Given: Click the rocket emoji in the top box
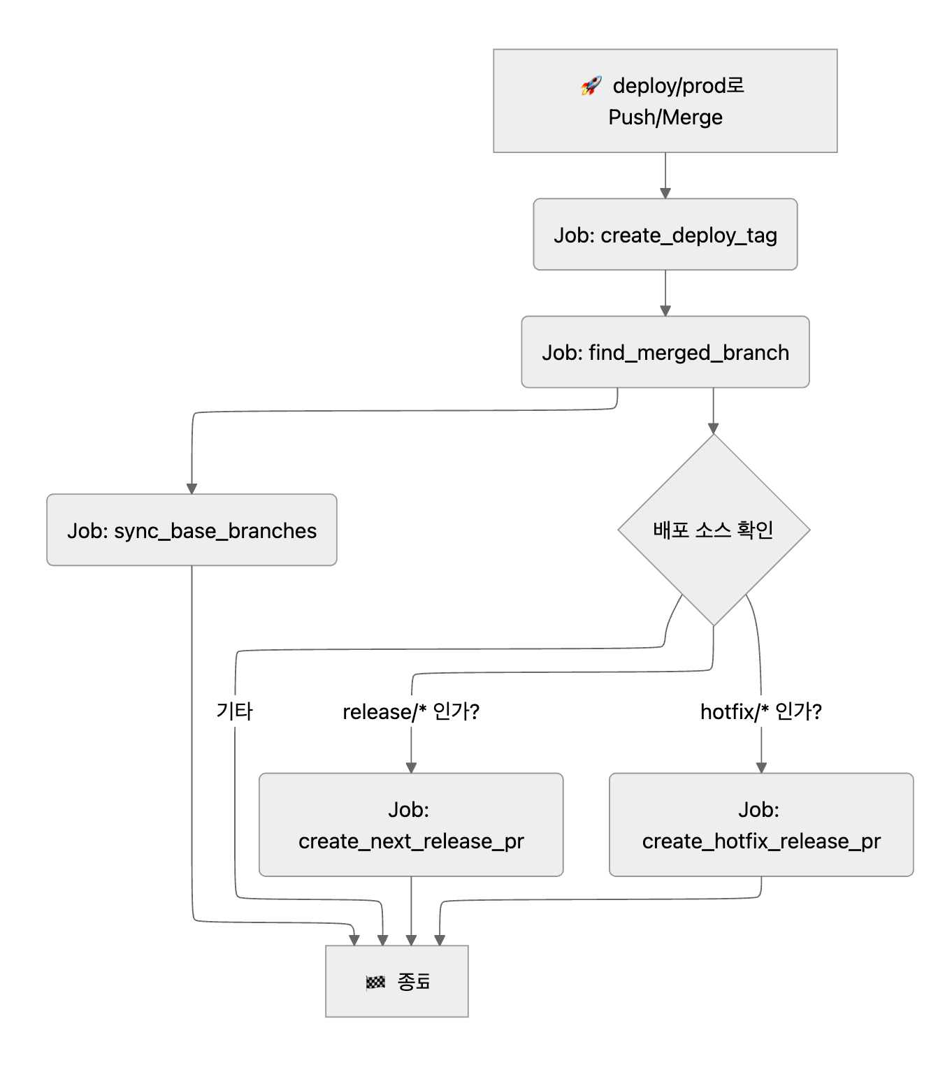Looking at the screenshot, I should (x=591, y=86).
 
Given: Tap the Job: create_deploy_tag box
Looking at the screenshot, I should (x=665, y=235).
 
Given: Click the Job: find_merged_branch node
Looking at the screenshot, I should (x=665, y=352).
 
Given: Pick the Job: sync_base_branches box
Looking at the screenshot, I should (x=192, y=530).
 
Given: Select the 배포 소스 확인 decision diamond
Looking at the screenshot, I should (x=713, y=530).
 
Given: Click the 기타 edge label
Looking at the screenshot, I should (x=234, y=711).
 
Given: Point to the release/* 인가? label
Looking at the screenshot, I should (x=411, y=711).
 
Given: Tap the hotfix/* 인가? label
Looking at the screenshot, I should (x=761, y=711).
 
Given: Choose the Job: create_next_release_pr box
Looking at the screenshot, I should (x=411, y=825).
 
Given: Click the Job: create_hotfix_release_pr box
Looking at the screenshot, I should (x=761, y=825).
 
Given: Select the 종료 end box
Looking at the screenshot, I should (x=396, y=981).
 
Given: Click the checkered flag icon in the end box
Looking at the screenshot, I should (x=375, y=983).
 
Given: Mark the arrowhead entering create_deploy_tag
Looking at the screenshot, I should (x=665, y=193).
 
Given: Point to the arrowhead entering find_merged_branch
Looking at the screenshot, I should (x=665, y=310).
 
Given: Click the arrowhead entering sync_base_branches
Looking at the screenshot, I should (x=192, y=488).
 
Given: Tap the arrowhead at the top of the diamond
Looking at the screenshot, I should (x=713, y=428).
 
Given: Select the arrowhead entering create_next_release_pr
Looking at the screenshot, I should (x=411, y=767).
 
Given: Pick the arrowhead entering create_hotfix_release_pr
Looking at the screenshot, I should (x=761, y=767).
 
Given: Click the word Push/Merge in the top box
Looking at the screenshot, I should (x=665, y=117).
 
